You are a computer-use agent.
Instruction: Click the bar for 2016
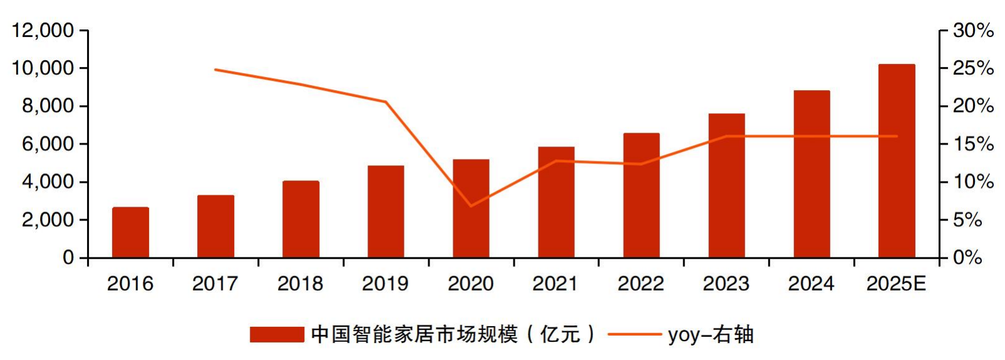[x=130, y=232]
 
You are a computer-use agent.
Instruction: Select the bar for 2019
[x=386, y=212]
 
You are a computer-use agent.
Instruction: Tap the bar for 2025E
[x=897, y=161]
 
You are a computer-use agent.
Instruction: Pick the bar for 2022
[x=641, y=195]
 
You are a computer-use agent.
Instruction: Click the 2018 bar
[x=301, y=219]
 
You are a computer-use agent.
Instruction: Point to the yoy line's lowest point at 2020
[x=471, y=206]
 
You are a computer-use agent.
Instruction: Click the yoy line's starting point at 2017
[x=215, y=69]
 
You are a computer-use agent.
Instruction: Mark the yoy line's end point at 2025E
[x=897, y=136]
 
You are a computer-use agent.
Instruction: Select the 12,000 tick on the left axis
[x=43, y=30]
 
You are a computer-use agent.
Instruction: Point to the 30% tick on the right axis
[x=973, y=30]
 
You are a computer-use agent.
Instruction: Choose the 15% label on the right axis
[x=973, y=144]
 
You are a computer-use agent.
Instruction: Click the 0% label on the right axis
[x=967, y=257]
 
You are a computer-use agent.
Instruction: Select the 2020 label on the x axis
[x=471, y=284]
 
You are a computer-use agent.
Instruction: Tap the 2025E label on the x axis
[x=896, y=284]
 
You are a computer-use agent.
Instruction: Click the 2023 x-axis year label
[x=726, y=284]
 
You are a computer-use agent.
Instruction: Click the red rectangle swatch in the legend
[x=276, y=334]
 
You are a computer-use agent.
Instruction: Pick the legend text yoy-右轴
[x=711, y=334]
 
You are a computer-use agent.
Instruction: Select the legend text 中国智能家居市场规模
[x=415, y=334]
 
